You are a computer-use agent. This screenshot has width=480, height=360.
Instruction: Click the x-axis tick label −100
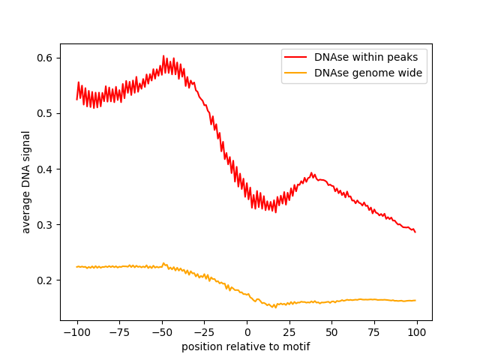pos(76,333)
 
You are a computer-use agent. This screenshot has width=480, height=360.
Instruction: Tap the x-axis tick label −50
pos(162,333)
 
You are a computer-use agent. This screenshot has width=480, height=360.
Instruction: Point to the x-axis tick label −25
pos(204,333)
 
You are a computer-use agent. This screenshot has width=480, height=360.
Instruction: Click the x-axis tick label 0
pos(247,333)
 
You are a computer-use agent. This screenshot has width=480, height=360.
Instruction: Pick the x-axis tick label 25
pos(289,333)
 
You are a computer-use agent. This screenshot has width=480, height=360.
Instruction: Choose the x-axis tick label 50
pos(332,333)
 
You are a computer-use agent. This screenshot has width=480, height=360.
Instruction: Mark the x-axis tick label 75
pos(375,333)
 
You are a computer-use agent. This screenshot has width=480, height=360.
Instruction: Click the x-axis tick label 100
pos(417,333)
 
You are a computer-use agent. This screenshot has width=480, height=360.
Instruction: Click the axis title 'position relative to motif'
pos(246,346)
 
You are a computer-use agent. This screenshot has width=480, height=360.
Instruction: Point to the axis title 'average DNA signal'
pos(26,181)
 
